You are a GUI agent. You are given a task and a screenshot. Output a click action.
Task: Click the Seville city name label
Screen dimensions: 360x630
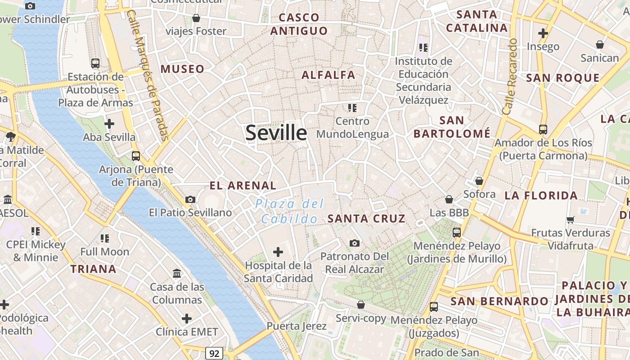(x=276, y=133)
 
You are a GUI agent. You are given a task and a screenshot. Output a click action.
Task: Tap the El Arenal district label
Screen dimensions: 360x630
(x=243, y=185)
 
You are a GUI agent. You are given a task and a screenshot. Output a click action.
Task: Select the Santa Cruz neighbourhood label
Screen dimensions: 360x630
(x=366, y=219)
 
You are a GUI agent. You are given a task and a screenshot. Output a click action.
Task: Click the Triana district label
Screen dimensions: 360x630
(x=93, y=269)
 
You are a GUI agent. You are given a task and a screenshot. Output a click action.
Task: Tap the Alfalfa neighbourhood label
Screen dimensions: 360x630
(x=328, y=75)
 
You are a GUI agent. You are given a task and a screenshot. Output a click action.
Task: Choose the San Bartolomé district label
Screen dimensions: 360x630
(x=452, y=127)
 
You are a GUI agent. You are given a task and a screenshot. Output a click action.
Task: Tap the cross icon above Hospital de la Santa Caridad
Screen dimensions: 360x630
(x=278, y=252)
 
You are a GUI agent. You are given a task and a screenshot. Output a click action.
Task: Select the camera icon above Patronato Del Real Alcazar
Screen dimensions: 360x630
(x=355, y=243)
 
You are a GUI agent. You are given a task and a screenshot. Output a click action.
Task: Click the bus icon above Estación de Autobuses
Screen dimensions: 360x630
(x=95, y=63)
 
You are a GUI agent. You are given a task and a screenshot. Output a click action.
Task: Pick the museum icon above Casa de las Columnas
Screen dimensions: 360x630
(x=177, y=273)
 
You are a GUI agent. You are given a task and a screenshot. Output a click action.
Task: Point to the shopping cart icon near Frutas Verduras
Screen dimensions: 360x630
(x=571, y=220)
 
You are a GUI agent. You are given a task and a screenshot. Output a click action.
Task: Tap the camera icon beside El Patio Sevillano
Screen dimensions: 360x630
(x=190, y=199)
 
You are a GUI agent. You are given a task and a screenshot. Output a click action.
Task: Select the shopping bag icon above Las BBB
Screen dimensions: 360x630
(x=449, y=199)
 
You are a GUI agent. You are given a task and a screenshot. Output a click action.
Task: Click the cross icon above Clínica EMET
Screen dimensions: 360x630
(x=187, y=319)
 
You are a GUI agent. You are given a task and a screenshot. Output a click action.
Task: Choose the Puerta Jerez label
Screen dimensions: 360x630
(x=297, y=326)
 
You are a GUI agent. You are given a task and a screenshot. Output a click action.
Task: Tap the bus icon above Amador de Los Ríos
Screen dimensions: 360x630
(x=543, y=130)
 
